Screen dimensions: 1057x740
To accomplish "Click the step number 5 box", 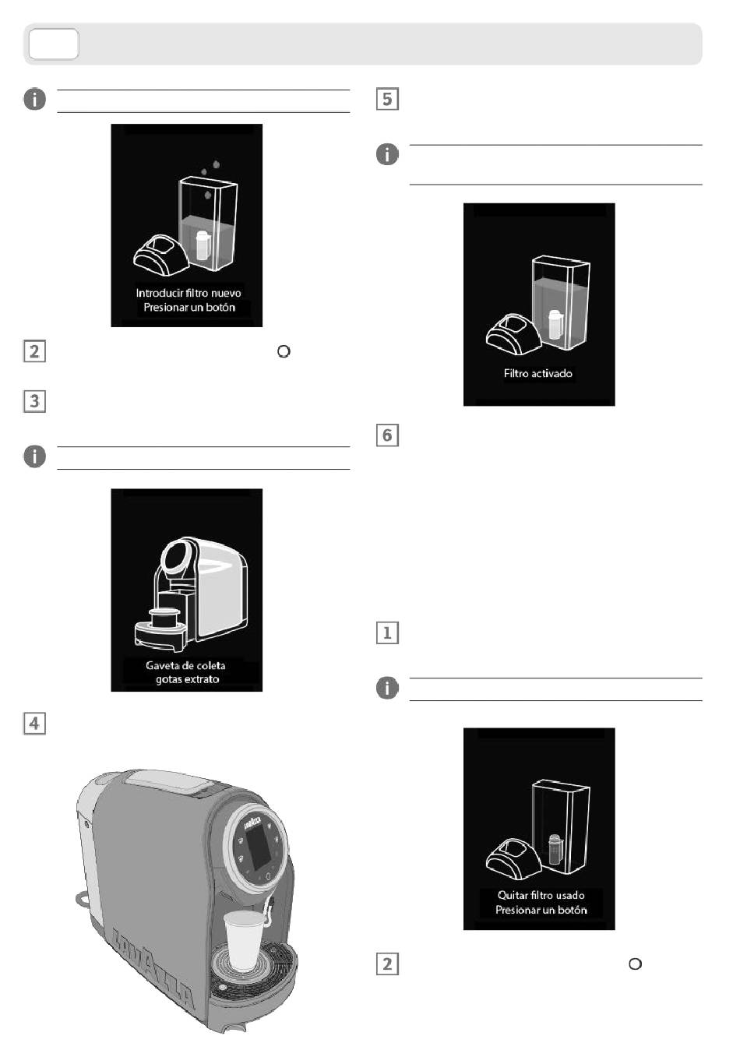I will pyautogui.click(x=387, y=99).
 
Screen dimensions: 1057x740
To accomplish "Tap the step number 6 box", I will pyautogui.click(x=387, y=435).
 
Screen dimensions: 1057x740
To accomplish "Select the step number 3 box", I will pyautogui.click(x=34, y=401).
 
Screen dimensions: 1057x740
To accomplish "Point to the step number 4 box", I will pyautogui.click(x=34, y=723).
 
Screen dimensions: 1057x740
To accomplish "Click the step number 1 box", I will pyautogui.click(x=387, y=632).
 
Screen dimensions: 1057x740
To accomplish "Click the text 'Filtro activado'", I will pyautogui.click(x=538, y=374).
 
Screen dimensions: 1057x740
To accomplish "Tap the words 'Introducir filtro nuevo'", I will pyautogui.click(x=189, y=293).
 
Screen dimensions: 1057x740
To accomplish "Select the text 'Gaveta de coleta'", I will pyautogui.click(x=186, y=665).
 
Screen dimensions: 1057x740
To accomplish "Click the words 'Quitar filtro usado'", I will pyautogui.click(x=541, y=895).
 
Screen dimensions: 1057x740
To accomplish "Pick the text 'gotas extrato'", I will pyautogui.click(x=187, y=679).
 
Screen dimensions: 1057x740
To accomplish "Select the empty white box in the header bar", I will pyautogui.click(x=54, y=44).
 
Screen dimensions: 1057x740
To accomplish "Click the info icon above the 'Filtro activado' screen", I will pyautogui.click(x=387, y=154).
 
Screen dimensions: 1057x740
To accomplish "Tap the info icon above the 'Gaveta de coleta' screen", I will pyautogui.click(x=34, y=456).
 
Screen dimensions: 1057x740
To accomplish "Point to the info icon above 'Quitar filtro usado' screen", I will pyautogui.click(x=387, y=688).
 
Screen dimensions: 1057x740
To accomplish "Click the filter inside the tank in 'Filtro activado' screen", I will pyautogui.click(x=555, y=325).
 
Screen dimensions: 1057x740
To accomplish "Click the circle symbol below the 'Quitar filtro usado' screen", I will pyautogui.click(x=635, y=964).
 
